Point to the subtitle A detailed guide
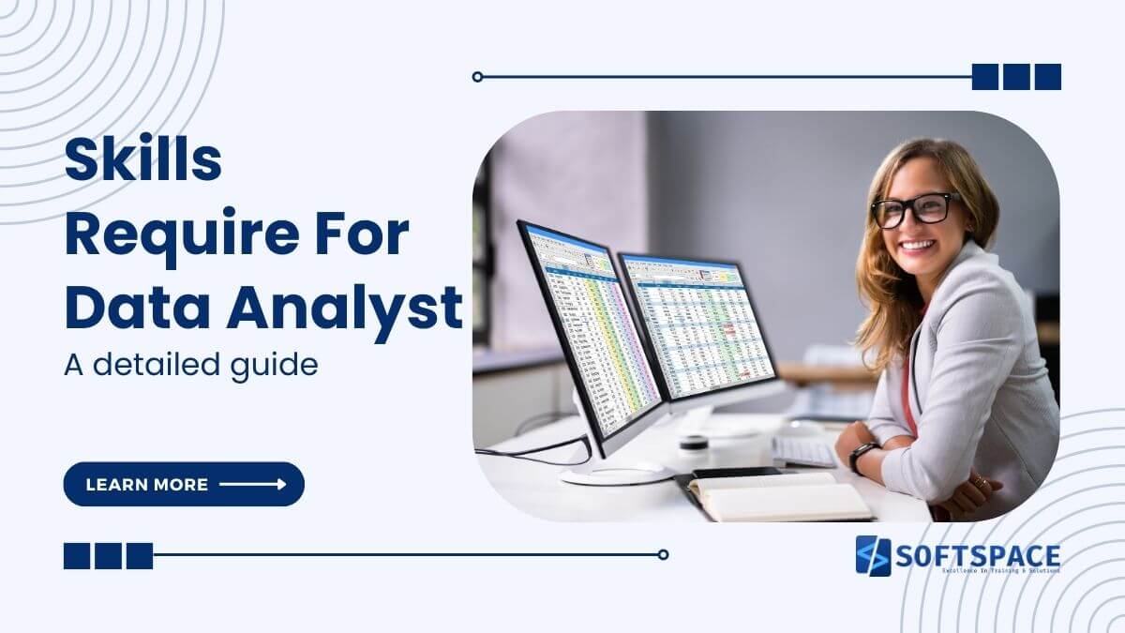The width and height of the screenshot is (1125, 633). tap(191, 364)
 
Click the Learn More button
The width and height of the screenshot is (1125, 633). tap(184, 484)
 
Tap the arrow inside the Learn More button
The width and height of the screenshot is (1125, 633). tap(252, 484)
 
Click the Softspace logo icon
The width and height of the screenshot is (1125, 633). tap(873, 555)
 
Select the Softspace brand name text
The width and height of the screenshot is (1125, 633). tap(978, 553)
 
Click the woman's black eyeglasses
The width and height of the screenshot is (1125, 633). tap(914, 209)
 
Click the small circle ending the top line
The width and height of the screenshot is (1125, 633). tap(478, 77)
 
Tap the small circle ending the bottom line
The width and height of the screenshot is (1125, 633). tap(663, 554)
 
